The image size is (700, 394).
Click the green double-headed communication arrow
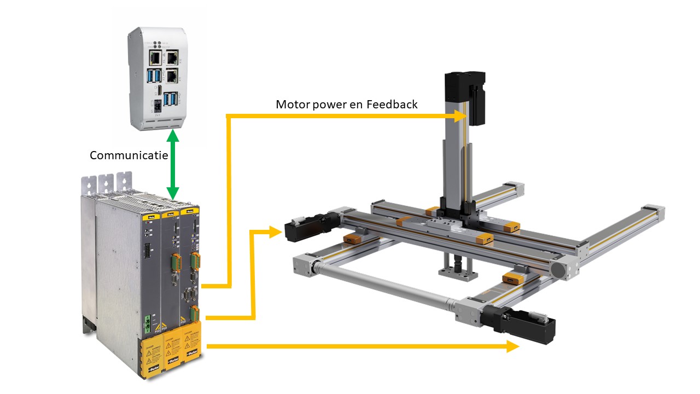point(173,167)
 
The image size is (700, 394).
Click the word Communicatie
point(129,155)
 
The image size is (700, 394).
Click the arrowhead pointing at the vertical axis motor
point(459,115)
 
